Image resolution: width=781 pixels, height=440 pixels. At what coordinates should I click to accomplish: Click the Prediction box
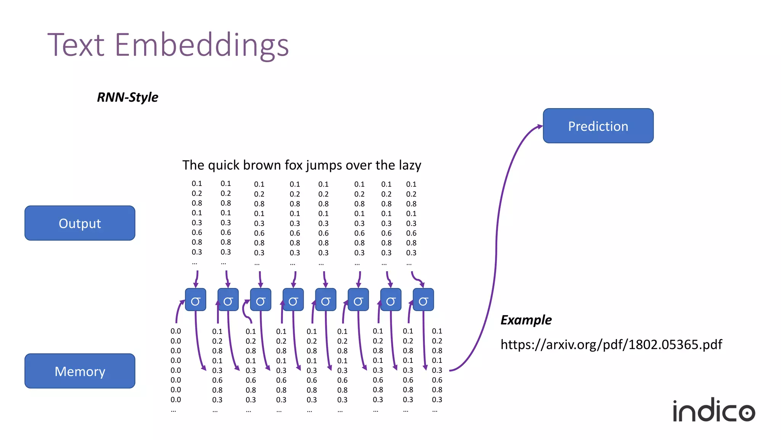598,126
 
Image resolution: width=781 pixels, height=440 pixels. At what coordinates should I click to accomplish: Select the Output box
80,223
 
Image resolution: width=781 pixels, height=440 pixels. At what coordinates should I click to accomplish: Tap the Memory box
80,371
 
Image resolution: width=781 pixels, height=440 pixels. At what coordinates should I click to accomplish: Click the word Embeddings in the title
201,45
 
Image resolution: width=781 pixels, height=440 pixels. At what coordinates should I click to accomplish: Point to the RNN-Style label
127,97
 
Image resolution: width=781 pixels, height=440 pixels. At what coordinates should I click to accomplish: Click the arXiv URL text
611,345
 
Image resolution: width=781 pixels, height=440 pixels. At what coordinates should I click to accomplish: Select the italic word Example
526,320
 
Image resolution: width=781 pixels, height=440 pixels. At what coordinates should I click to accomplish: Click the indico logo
714,411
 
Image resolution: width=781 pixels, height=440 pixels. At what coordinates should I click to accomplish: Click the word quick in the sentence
223,165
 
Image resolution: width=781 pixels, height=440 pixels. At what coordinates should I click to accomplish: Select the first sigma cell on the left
196,300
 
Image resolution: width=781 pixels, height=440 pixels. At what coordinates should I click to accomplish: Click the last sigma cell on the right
423,300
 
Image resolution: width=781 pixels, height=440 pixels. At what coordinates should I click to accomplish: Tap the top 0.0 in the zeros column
176,331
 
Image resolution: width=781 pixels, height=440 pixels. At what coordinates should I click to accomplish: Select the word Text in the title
76,45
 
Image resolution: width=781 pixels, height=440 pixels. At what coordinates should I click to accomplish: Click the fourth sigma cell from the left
293,300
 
